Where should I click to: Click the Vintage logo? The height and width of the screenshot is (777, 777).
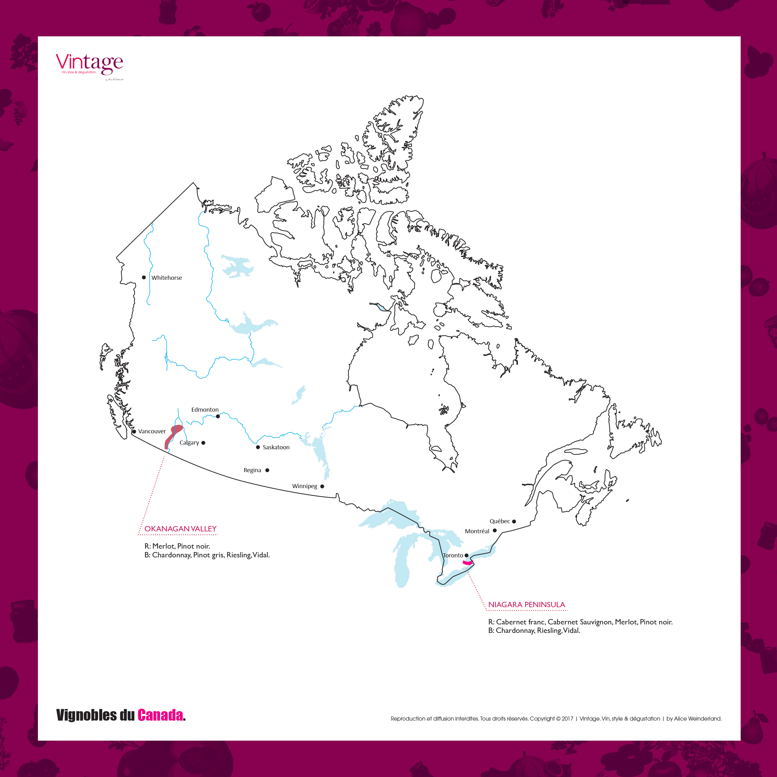click(x=89, y=64)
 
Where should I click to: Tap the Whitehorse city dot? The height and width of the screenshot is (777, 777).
click(x=143, y=278)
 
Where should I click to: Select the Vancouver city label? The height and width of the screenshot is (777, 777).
click(x=152, y=431)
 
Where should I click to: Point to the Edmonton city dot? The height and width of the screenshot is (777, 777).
click(x=218, y=416)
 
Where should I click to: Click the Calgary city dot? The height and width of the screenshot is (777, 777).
click(x=204, y=443)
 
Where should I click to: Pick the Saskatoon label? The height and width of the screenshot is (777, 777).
click(x=276, y=447)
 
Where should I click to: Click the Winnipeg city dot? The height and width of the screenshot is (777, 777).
click(x=322, y=486)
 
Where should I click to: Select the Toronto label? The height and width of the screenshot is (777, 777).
click(x=453, y=555)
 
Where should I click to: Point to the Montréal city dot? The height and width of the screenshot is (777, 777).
click(x=495, y=530)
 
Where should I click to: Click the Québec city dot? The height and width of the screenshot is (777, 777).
click(x=514, y=522)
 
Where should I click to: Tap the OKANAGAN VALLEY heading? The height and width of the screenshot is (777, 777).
click(x=180, y=529)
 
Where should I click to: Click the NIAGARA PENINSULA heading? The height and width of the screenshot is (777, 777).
click(x=526, y=605)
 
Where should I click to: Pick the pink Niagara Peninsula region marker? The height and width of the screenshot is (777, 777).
click(x=467, y=563)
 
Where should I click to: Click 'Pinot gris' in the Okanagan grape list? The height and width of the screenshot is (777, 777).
click(x=208, y=555)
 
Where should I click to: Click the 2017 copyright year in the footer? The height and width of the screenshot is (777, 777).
click(x=567, y=719)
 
